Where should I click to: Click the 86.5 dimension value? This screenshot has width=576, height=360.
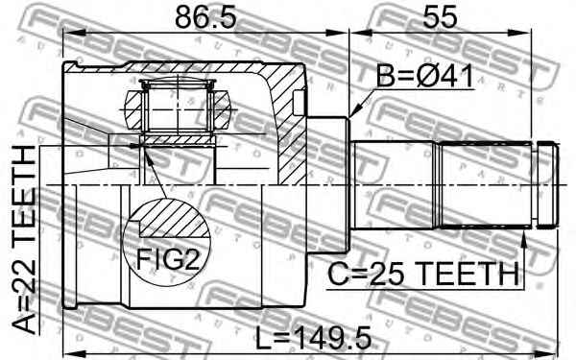[205, 17]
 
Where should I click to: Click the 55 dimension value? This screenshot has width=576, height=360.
[440, 17]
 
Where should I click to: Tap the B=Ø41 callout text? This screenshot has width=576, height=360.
[425, 76]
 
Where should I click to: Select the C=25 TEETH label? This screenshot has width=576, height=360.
[423, 274]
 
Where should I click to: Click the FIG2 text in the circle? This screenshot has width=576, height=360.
[168, 259]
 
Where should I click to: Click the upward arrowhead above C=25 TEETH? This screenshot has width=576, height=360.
[524, 240]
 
